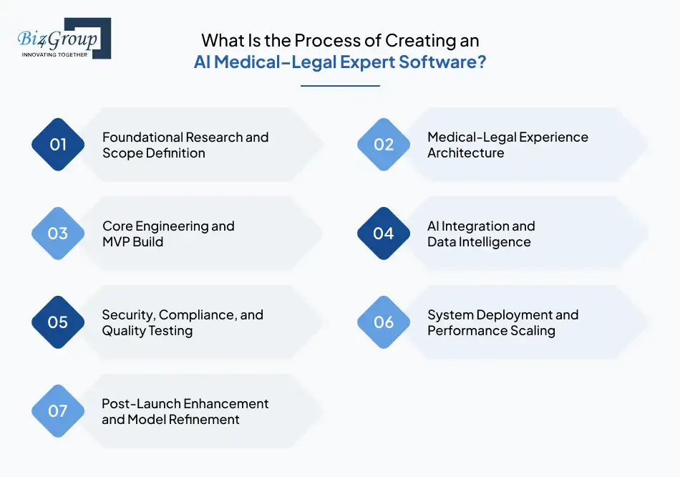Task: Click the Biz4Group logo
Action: coord(64,37)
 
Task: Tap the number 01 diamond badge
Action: coord(58,145)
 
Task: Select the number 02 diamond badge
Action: coord(384,145)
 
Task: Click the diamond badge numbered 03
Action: coord(58,233)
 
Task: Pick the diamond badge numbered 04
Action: coord(384,233)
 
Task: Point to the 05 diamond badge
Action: coord(58,322)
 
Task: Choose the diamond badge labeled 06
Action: coord(384,322)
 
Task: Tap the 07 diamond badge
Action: coord(58,411)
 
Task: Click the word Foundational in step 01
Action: coord(142,137)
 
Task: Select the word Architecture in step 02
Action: coord(466,153)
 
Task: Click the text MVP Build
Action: coord(133,242)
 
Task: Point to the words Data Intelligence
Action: coord(479,242)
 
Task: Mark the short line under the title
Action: coord(340,86)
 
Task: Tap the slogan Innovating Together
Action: coord(55,54)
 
